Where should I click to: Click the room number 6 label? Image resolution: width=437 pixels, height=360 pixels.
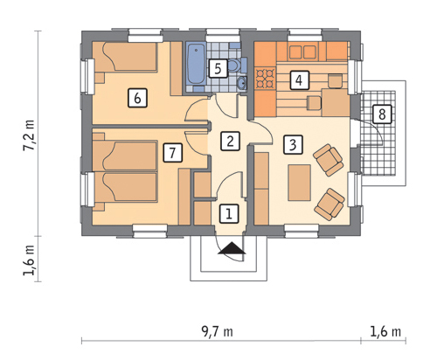pyautogui.click(x=137, y=98)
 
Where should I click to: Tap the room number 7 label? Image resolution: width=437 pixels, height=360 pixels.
pyautogui.click(x=172, y=152)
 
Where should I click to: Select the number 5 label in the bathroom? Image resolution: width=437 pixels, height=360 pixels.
pyautogui.click(x=218, y=68)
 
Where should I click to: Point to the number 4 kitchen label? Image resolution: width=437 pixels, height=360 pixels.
pyautogui.click(x=299, y=80)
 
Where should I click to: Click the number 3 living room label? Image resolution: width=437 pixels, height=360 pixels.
pyautogui.click(x=294, y=144)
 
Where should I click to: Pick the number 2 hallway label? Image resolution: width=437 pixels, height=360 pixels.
pyautogui.click(x=230, y=141)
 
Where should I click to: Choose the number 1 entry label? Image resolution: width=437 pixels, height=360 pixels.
pyautogui.click(x=229, y=214)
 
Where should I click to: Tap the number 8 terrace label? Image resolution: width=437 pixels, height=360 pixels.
pyautogui.click(x=382, y=114)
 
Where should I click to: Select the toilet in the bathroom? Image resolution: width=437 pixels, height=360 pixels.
pyautogui.click(x=237, y=65)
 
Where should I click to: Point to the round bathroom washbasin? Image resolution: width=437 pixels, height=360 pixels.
pyautogui.click(x=242, y=83)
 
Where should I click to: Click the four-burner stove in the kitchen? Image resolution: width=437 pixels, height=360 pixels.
pyautogui.click(x=265, y=78)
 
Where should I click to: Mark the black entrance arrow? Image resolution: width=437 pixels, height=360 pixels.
pyautogui.click(x=232, y=248)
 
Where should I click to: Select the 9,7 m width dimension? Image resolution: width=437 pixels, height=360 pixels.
pyautogui.click(x=217, y=331)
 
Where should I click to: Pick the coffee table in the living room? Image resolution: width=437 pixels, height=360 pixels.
pyautogui.click(x=299, y=183)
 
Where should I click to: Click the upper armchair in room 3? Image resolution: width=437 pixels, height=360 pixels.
pyautogui.click(x=328, y=160)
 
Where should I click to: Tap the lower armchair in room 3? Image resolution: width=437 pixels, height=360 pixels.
pyautogui.click(x=329, y=204)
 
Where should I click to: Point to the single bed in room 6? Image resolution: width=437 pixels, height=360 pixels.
pyautogui.click(x=125, y=57)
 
